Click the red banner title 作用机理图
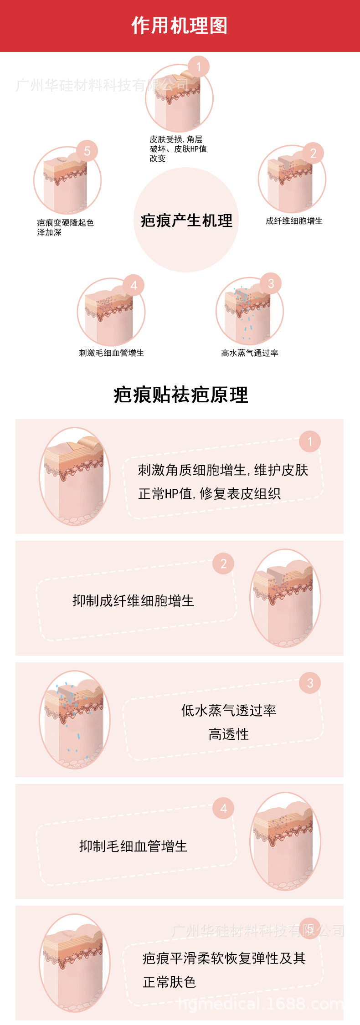(180, 26)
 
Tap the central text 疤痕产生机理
(186, 221)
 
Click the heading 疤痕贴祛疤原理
(180, 395)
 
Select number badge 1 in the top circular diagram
(199, 67)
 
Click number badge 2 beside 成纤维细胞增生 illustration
(313, 154)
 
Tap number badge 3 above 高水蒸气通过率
(271, 284)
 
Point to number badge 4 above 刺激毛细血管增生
(134, 286)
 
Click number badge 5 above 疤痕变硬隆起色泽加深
(87, 151)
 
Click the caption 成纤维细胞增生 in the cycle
(294, 221)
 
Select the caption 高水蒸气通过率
(249, 353)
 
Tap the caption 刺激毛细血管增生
(111, 353)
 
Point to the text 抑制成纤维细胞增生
(133, 601)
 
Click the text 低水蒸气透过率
(229, 710)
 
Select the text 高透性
(229, 734)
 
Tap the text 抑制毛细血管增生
(133, 846)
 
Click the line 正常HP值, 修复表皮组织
(209, 493)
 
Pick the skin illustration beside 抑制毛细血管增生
(285, 841)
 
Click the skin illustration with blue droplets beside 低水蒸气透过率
(75, 719)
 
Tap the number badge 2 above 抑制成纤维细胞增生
(223, 564)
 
